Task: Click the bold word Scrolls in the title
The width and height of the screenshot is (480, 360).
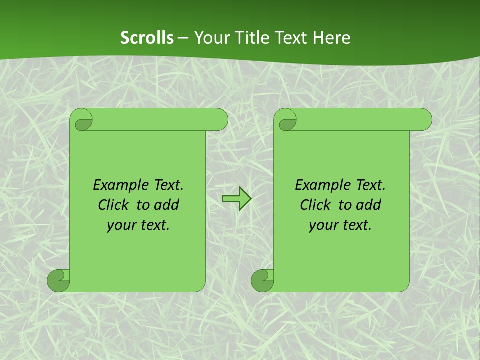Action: pos(147,38)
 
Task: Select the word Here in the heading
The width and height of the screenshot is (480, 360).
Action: pos(332,38)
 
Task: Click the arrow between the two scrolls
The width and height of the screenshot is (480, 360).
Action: pos(236,199)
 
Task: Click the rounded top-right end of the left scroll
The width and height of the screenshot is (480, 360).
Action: pos(220,120)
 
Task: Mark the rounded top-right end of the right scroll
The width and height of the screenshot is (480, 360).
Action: pos(424,120)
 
